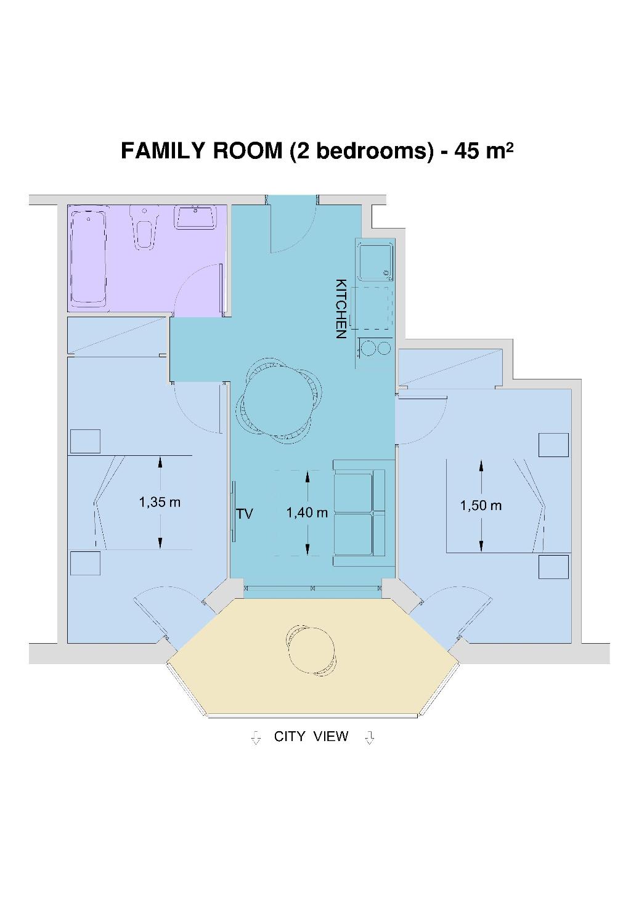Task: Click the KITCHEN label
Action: tap(340, 309)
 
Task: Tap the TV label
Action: tap(245, 514)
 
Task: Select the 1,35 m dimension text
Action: tap(160, 502)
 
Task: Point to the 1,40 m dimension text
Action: tap(307, 513)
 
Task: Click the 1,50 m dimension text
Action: tap(481, 506)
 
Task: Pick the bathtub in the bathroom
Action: tap(88, 257)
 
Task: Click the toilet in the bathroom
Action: tap(142, 227)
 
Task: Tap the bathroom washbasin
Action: tap(195, 217)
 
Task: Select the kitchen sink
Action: tap(375, 262)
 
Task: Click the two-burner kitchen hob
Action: tap(375, 348)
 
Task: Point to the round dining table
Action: tap(280, 401)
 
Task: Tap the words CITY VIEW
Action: tap(311, 737)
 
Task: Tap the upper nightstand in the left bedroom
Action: tap(85, 441)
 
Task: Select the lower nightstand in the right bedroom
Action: tap(553, 567)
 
